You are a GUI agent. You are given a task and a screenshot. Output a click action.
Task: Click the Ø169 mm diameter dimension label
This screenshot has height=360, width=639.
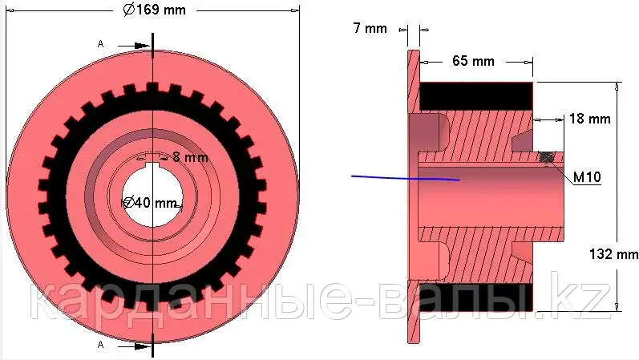point(155,10)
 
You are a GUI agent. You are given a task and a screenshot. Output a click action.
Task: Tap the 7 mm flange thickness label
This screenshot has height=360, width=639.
point(370,28)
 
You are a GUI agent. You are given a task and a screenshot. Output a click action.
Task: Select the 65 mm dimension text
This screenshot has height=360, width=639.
point(473,61)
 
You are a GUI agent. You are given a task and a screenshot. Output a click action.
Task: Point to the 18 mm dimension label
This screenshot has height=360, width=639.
point(589,119)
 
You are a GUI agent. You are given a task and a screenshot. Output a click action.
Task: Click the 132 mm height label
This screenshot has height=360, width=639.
point(613,254)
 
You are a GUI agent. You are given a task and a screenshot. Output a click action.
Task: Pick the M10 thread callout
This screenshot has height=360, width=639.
point(587,177)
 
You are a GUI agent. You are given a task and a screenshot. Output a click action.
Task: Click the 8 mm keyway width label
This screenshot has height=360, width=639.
point(190,157)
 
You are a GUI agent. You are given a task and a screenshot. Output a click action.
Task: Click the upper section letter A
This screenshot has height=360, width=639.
point(101,43)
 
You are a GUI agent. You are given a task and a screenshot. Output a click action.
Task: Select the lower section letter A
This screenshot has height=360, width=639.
point(101,345)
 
